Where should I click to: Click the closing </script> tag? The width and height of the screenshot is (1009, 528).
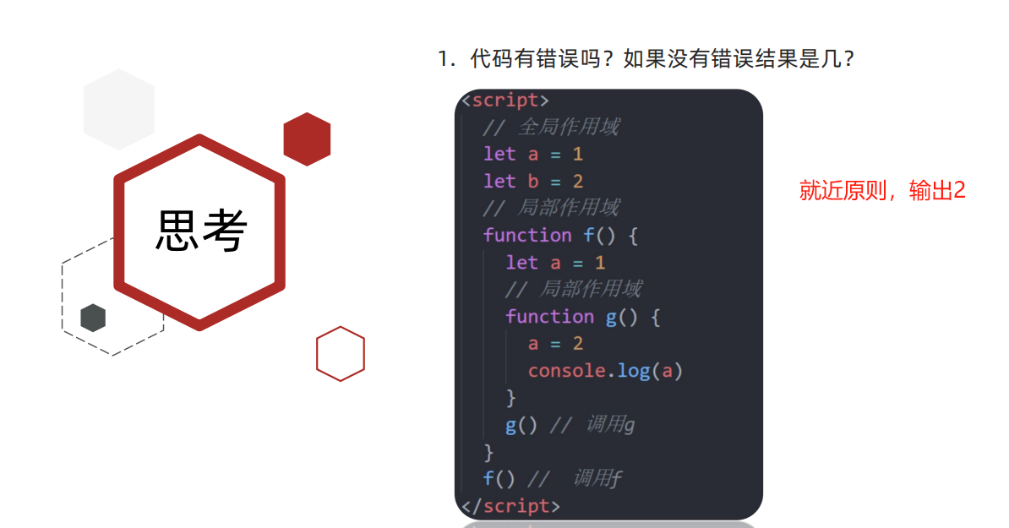[510, 506]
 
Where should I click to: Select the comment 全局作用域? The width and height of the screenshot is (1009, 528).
[568, 128]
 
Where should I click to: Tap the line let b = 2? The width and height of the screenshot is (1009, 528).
[533, 182]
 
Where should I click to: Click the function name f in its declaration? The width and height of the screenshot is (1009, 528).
[589, 236]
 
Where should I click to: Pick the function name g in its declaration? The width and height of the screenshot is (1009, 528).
[611, 317]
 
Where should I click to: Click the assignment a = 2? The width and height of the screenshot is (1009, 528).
[555, 344]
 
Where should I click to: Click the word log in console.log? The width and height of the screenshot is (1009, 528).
[633, 371]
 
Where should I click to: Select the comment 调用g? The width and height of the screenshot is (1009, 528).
[609, 425]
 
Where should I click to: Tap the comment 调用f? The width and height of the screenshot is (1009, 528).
[597, 479]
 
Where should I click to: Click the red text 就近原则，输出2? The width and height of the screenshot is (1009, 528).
[882, 191]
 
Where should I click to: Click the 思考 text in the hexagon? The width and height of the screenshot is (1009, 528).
[201, 230]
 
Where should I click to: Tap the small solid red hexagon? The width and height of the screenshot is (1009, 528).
[307, 139]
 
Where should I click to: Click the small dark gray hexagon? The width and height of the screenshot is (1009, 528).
[93, 318]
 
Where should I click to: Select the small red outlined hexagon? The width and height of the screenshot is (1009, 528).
[341, 353]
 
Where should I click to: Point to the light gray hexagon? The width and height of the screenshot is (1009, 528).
[119, 109]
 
